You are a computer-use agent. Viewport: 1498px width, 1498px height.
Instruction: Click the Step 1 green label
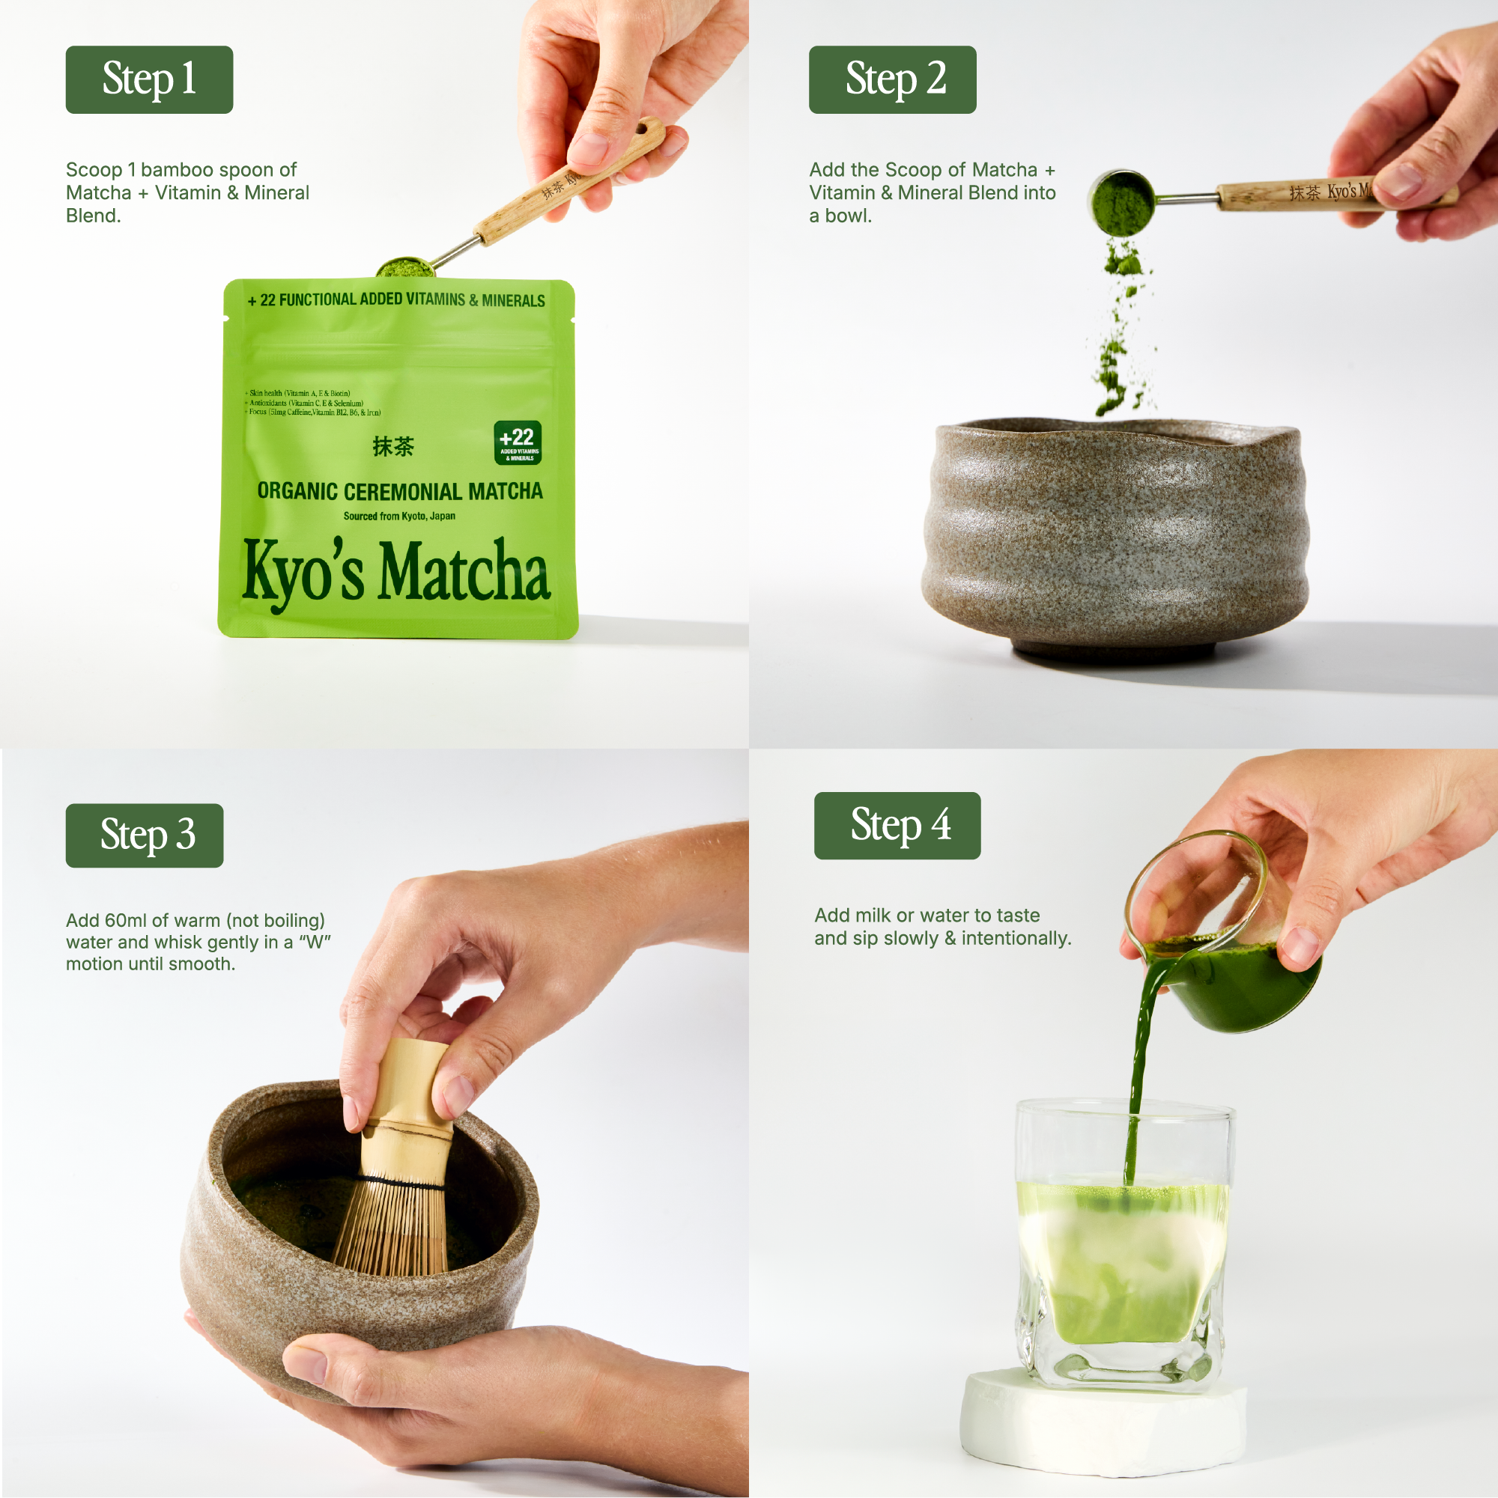tap(149, 79)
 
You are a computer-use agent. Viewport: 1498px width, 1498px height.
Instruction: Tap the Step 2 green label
tap(892, 79)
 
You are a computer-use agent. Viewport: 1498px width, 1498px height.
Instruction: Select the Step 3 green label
tap(145, 835)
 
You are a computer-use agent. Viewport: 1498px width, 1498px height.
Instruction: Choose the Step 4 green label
tap(897, 825)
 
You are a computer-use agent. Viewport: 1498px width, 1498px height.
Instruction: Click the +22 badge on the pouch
tap(518, 442)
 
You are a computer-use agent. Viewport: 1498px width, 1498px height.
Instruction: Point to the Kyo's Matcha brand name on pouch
tap(396, 572)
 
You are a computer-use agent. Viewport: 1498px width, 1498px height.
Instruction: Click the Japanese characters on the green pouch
tap(392, 446)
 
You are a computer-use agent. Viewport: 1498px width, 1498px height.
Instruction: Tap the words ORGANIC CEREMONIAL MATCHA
tap(399, 491)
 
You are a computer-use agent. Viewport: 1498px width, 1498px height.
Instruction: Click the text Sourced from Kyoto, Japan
tap(398, 516)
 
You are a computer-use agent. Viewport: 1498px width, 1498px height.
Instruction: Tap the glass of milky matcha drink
tap(1123, 1256)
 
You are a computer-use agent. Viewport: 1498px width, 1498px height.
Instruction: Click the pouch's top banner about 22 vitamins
tap(395, 300)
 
